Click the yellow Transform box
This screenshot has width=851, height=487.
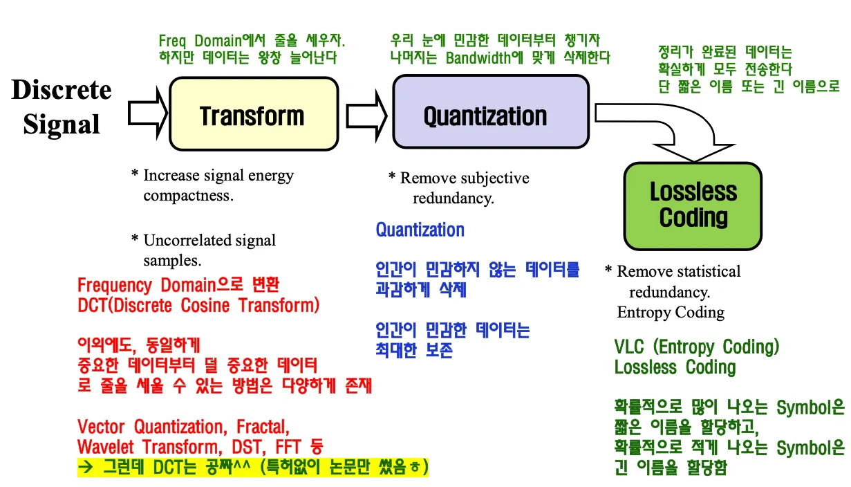[254, 115]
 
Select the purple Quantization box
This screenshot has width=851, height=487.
[490, 115]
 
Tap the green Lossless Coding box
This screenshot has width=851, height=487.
[693, 205]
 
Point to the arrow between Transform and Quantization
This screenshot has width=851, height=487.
[366, 114]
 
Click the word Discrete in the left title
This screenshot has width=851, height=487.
[62, 90]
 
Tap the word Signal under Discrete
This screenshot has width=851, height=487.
[62, 125]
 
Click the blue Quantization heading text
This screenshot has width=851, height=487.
[420, 230]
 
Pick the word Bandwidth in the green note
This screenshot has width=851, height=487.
[477, 57]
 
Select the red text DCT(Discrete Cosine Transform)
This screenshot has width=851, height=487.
[198, 305]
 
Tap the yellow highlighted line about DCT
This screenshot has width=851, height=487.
[253, 466]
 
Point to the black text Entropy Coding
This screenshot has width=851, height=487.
[671, 312]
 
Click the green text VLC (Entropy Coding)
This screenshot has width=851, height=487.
[696, 347]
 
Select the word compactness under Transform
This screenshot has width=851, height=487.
[188, 196]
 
